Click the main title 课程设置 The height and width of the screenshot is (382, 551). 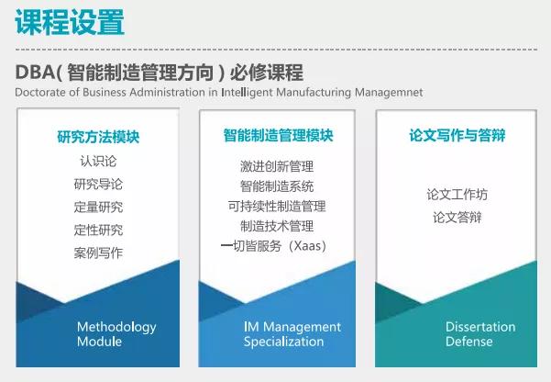point(70,22)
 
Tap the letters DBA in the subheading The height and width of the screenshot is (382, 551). point(35,73)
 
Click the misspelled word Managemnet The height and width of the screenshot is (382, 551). point(389,92)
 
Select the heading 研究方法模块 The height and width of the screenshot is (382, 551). point(98,137)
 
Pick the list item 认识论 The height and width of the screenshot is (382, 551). point(98,161)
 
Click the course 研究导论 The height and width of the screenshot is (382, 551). point(98,185)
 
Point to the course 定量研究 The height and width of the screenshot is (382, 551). point(98,207)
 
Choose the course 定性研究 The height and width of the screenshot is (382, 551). point(98,230)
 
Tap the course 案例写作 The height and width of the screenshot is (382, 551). point(98,253)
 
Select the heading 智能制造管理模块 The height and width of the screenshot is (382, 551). point(279,136)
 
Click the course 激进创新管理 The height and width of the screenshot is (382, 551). point(277,166)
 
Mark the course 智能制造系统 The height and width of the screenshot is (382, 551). point(277,186)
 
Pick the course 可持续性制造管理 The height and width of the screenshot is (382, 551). point(277,207)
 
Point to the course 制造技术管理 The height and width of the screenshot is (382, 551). point(277,226)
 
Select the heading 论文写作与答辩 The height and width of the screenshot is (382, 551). point(457,135)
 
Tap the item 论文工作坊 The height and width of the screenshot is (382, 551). point(457,195)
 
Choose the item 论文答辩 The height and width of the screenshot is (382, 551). point(457,218)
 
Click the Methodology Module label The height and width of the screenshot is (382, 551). point(116,334)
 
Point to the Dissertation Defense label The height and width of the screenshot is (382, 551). point(480,334)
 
